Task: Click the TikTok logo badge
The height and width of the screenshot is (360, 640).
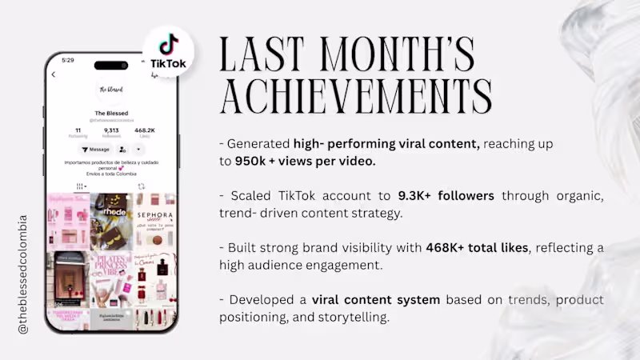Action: pyautogui.click(x=167, y=51)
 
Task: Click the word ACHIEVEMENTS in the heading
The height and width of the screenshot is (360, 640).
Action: pyautogui.click(x=356, y=98)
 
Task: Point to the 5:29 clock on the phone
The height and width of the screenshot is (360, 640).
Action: pyautogui.click(x=68, y=60)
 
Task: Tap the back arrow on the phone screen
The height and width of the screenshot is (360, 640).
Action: pyautogui.click(x=54, y=74)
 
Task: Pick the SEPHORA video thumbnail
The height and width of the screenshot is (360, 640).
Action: pyautogui.click(x=155, y=221)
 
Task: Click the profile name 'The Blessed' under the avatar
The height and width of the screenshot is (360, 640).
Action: pyautogui.click(x=111, y=113)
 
